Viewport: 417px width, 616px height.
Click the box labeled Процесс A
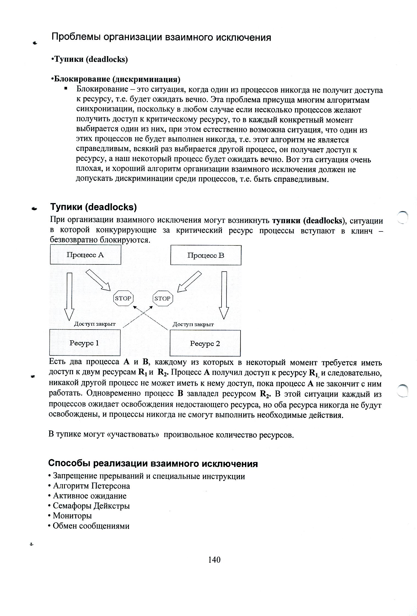[85, 255]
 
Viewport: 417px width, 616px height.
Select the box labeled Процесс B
[206, 255]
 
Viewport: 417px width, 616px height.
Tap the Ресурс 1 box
[85, 343]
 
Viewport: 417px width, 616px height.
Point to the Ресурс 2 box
[205, 343]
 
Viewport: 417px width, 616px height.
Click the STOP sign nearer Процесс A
[123, 298]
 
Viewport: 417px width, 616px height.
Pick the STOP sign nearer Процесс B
[162, 298]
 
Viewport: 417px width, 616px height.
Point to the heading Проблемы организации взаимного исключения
[161, 37]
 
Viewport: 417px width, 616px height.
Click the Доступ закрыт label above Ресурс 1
[95, 324]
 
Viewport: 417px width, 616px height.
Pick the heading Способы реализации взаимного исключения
[153, 464]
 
